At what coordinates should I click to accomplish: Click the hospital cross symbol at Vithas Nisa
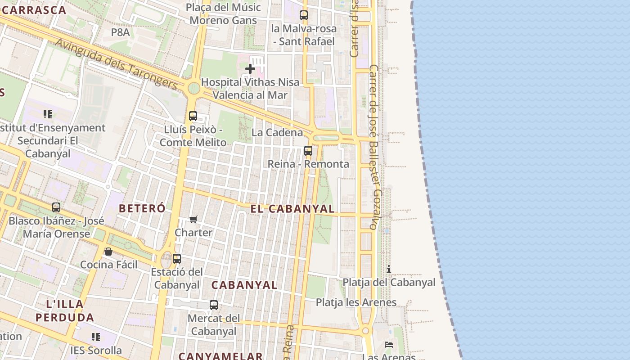250,69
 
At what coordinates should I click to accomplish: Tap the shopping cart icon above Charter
193,219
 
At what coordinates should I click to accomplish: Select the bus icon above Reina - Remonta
308,151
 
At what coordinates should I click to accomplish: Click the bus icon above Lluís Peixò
193,116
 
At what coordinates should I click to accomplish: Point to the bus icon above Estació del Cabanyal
177,259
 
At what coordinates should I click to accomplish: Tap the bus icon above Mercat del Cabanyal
214,305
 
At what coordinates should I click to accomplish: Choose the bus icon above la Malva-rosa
304,15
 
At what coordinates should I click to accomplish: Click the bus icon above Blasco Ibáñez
56,207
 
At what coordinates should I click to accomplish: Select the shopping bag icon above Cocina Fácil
108,252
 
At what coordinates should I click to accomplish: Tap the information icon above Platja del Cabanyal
389,269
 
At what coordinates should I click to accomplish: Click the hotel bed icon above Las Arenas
389,345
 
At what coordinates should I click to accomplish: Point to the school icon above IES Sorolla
95,337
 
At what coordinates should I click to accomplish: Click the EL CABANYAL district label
292,209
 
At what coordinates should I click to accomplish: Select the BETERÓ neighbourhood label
142,208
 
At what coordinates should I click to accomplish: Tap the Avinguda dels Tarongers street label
117,63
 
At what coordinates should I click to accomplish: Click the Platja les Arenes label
356,302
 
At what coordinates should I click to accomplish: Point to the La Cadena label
277,132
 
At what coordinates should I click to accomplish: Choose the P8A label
120,32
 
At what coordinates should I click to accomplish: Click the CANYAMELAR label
220,356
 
